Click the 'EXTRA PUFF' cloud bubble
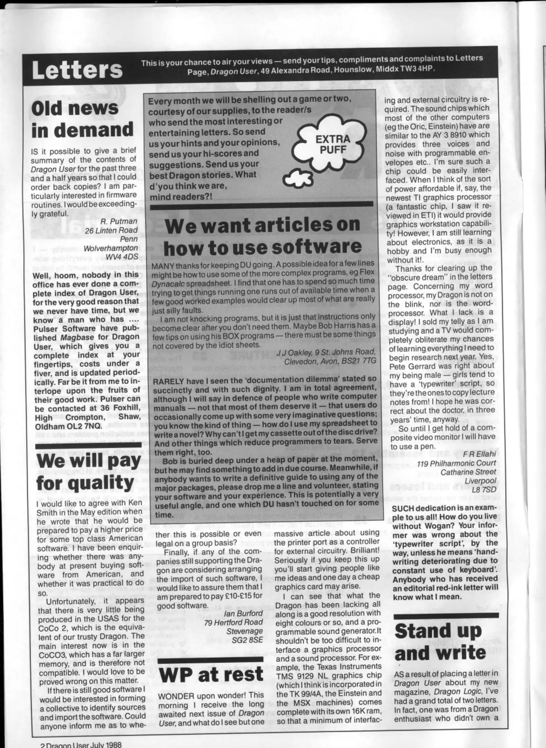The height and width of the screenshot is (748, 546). point(328,144)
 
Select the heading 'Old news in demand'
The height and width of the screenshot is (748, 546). point(82,120)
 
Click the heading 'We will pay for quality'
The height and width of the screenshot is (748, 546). point(89,472)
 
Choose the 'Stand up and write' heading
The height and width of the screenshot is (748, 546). point(440,642)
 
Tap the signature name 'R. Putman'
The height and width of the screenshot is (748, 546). point(119,221)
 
